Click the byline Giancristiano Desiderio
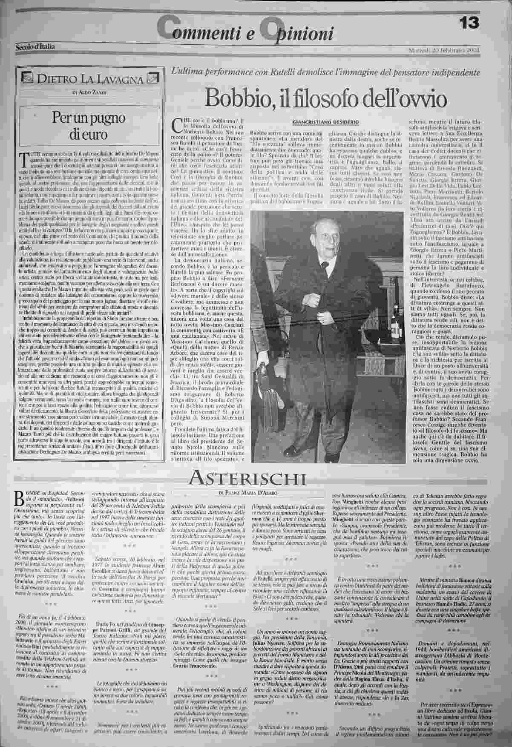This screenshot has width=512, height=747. click(x=326, y=122)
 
